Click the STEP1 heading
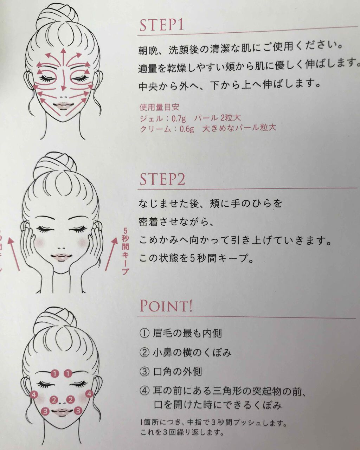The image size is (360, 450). pos(161,25)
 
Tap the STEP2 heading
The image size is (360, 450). pos(162,179)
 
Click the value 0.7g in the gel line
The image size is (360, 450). pos(179,119)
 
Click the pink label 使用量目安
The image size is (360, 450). pos(159,107)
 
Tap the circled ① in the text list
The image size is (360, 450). pos(144,333)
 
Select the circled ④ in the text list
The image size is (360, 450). pos(144,390)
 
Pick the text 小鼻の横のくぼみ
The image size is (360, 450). pos(192,353)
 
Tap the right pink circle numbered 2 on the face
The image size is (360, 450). pos(71,400)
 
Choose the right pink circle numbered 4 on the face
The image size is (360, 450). pos(89,394)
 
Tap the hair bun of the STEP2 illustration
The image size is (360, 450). pos(55,163)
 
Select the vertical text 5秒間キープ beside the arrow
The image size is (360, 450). pos(125,251)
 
